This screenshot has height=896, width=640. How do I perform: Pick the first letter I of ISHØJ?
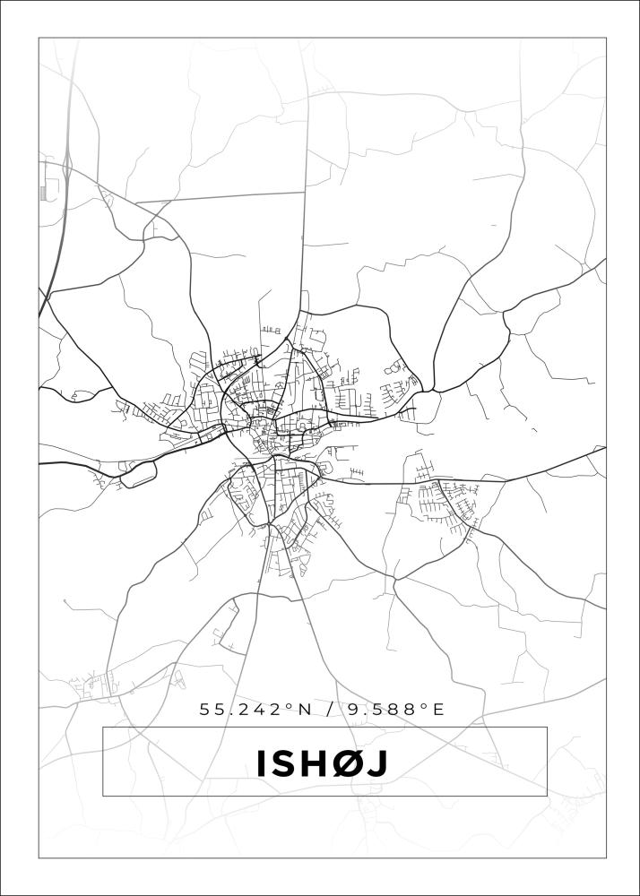click(263, 763)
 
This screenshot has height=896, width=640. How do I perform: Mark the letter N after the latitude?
click(305, 710)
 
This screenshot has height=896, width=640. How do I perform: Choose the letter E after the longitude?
click(439, 710)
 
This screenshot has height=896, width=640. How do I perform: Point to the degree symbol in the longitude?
click(424, 706)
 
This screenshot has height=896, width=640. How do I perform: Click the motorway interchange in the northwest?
click(67, 167)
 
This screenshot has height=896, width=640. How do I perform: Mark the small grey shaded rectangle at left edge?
click(42, 193)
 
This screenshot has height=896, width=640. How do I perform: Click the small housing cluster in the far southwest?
click(99, 685)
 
